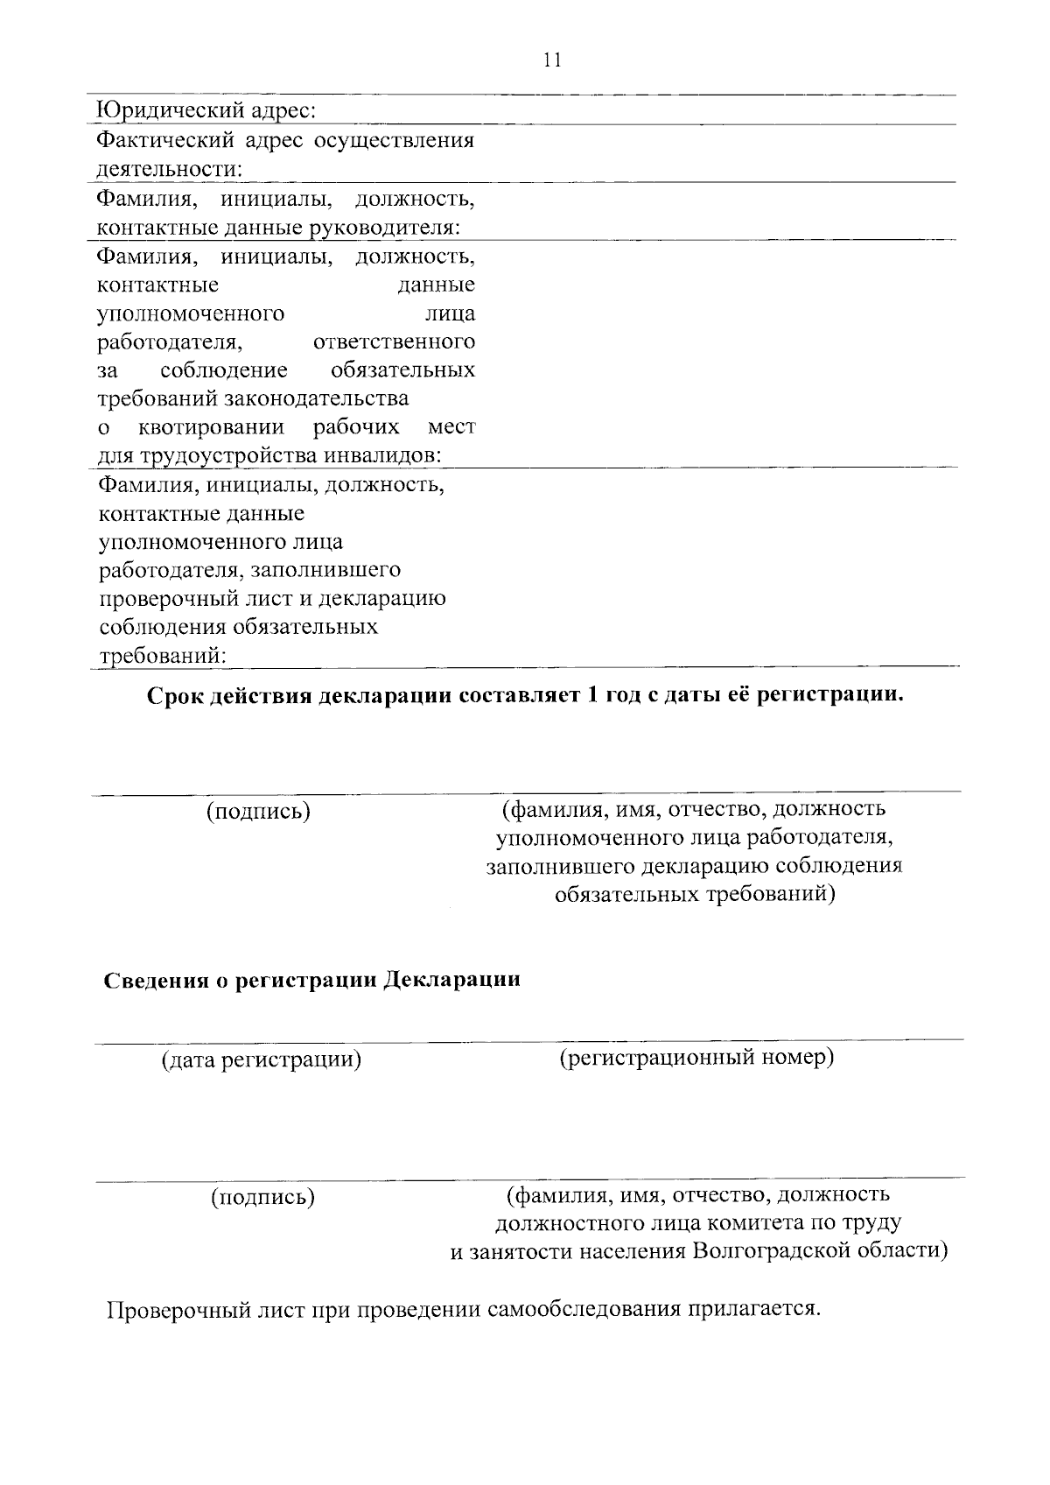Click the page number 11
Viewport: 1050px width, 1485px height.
[x=551, y=60]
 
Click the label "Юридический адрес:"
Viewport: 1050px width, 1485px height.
[x=206, y=111]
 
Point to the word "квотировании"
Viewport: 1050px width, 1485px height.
[x=211, y=427]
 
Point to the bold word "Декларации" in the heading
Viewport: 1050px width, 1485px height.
[x=452, y=979]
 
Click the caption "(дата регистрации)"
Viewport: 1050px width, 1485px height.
[x=261, y=1060]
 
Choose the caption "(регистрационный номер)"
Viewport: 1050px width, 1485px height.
[x=696, y=1058]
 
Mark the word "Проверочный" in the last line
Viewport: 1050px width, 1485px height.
[x=176, y=1311]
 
